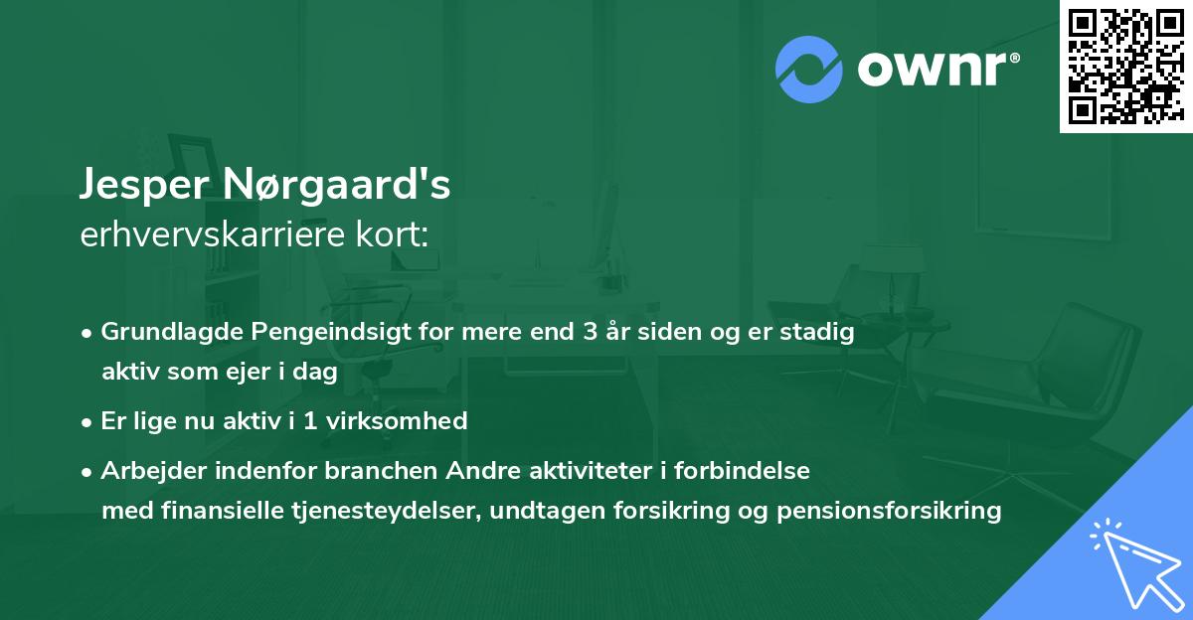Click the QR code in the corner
1124,67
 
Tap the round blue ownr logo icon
809,68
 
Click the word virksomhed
400,420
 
